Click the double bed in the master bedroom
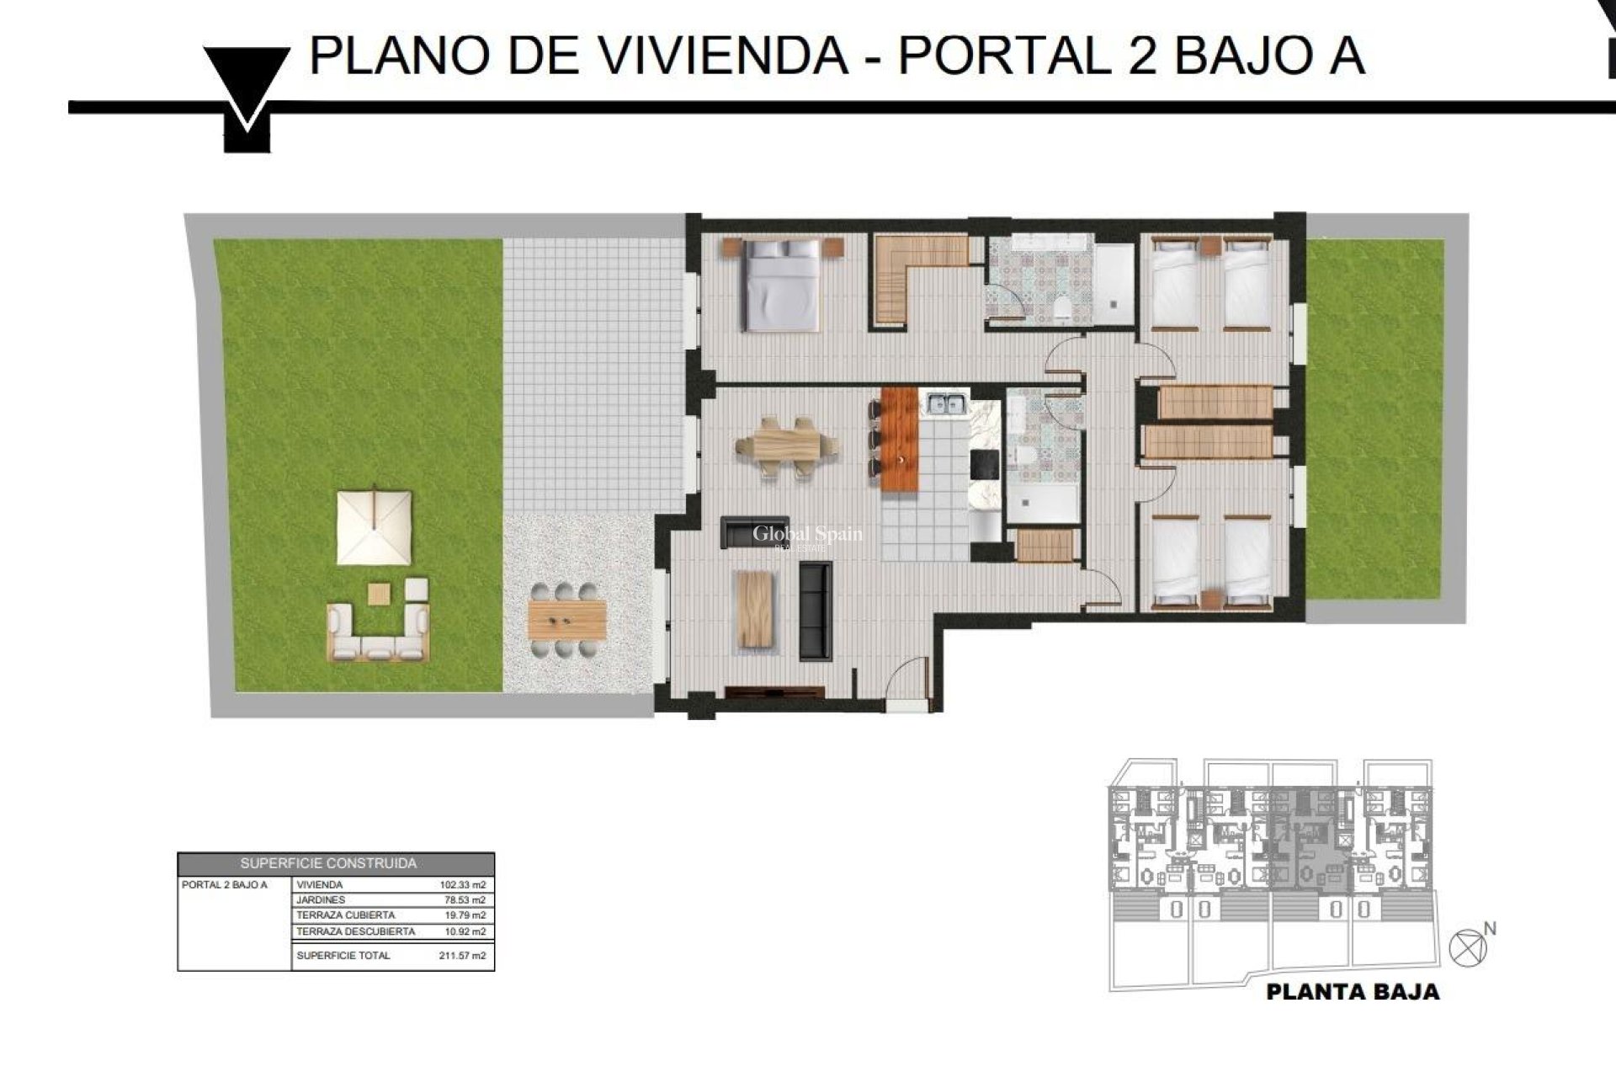782,285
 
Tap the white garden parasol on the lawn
374,528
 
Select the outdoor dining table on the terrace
566,620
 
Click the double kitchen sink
946,405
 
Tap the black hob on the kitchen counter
983,463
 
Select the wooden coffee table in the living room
753,609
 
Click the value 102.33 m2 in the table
462,885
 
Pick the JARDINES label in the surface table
320,900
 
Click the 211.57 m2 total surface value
462,956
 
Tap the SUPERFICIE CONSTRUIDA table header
328,863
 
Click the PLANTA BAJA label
1353,992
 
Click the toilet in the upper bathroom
1062,308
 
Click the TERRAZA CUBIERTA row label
345,915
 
